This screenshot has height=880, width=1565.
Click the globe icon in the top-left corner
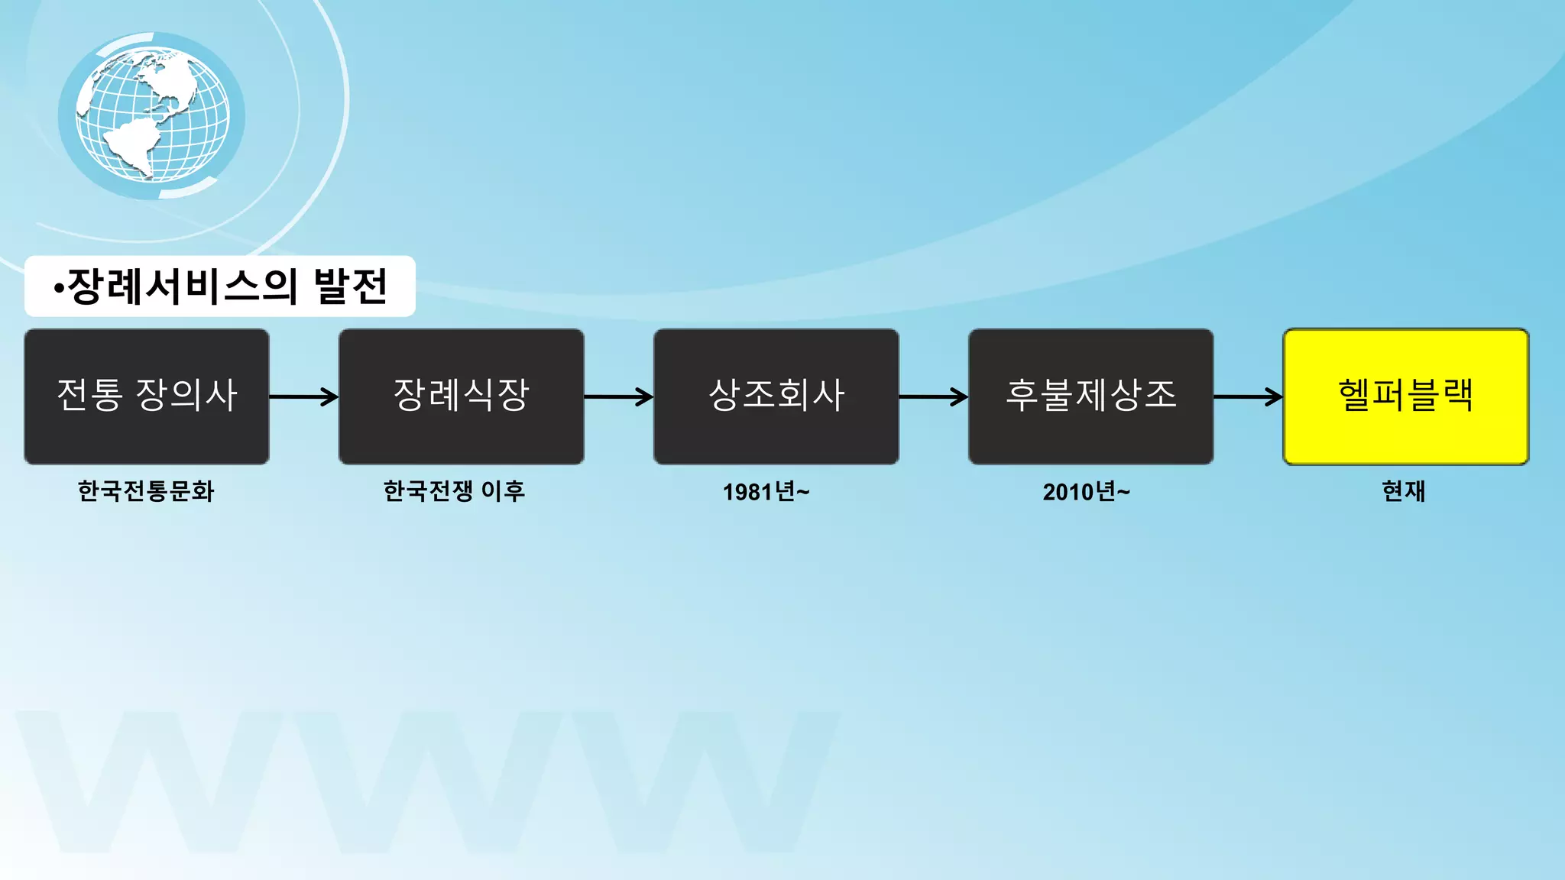click(152, 115)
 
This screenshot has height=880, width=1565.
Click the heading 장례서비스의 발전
click(220, 286)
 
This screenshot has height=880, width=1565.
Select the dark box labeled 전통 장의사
click(147, 396)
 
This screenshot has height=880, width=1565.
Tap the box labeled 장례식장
click(462, 396)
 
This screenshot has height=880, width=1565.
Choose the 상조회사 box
click(776, 396)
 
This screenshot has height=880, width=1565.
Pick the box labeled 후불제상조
click(1090, 396)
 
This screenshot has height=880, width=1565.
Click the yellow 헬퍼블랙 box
click(1405, 396)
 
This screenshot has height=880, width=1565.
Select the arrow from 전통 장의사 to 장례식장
click(304, 396)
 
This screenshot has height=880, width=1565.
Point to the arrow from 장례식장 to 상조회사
click(619, 396)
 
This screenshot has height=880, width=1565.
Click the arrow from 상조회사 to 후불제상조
click(934, 396)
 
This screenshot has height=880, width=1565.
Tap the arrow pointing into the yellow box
click(1248, 396)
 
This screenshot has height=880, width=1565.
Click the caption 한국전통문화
click(146, 490)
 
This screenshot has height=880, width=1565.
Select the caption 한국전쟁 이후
click(454, 490)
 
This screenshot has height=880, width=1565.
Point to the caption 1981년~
click(766, 492)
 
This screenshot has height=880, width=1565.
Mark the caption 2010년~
click(1086, 492)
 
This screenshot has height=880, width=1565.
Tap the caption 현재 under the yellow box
click(1404, 490)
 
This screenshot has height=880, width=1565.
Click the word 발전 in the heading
click(351, 286)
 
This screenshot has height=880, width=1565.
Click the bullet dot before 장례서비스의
click(59, 289)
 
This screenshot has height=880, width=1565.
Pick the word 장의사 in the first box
click(186, 395)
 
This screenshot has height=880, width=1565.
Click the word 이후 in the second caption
click(503, 490)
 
